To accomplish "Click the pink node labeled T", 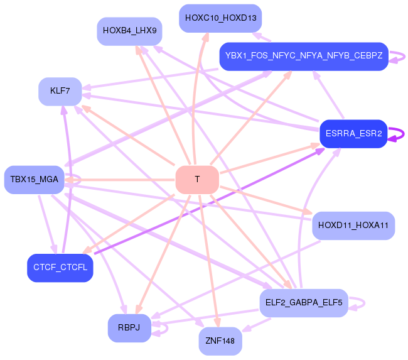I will click(197, 180).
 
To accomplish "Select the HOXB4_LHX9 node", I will click(130, 31).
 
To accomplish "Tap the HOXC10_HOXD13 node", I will click(220, 18).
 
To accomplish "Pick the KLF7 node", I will click(60, 92).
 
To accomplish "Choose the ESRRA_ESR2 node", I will click(353, 133).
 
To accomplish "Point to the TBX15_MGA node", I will click(34, 180).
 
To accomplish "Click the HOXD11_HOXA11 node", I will click(353, 226).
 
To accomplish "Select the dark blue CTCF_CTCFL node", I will click(60, 268).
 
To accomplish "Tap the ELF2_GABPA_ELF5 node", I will click(303, 303).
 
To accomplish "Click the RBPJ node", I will click(129, 328).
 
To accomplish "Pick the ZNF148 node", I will click(220, 341).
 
